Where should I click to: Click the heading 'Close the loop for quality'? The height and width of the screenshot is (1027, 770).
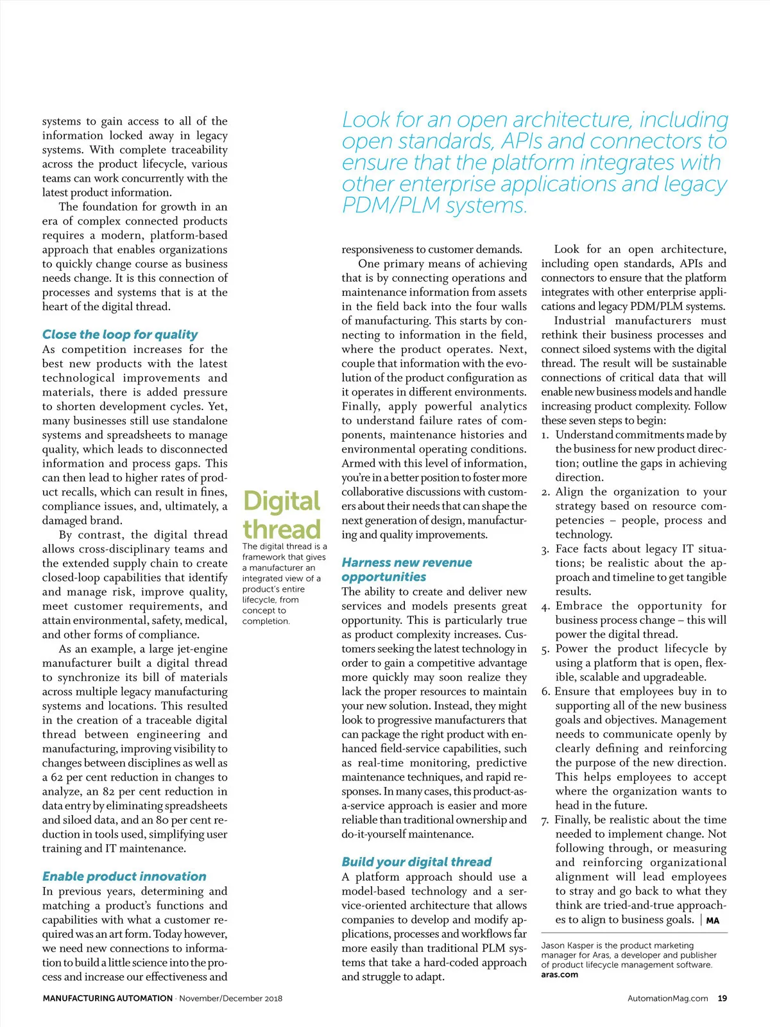pos(120,334)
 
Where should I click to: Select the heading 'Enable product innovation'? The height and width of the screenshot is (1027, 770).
pos(124,876)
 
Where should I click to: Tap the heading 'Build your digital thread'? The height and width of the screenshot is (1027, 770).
pos(416,861)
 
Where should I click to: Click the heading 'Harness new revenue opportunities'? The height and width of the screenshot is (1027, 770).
pos(407,569)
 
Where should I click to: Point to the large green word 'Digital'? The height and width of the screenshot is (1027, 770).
pos(282,501)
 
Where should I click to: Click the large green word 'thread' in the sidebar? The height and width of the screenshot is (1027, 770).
pos(282,530)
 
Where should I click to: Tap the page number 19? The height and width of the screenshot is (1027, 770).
pos(723,998)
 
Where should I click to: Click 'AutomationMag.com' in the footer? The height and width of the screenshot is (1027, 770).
pos(667,998)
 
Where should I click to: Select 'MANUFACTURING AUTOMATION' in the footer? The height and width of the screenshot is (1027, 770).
pos(108,998)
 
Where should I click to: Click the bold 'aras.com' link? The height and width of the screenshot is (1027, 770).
pos(560,974)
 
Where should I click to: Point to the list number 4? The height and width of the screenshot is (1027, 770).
pos(545,607)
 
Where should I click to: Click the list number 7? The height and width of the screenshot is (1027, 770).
pos(545,820)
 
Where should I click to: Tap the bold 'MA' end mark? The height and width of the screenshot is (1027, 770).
pos(712,920)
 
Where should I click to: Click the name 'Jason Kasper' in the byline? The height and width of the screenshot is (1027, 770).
pos(567,945)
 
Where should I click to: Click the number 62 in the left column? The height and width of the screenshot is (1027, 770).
pos(57,777)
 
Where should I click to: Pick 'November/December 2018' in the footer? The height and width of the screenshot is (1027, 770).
pos(231,998)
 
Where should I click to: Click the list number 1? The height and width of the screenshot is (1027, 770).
pos(545,435)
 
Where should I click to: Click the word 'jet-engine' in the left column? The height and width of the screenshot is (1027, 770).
pos(200,649)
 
